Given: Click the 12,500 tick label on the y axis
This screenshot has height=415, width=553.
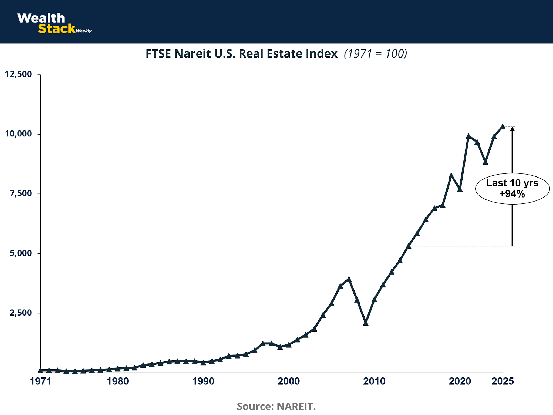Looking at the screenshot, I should tap(18, 74).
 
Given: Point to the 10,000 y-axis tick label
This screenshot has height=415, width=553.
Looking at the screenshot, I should tap(18, 134).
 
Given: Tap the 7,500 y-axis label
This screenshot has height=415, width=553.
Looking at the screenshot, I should tap(21, 193).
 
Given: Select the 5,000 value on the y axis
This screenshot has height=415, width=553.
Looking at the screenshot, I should tap(21, 253).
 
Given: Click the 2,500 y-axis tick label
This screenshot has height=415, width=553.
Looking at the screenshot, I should tap(21, 313).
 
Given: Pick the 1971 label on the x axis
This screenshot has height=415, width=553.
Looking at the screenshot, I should tap(41, 381).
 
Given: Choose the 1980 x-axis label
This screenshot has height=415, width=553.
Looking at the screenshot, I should tap(118, 381).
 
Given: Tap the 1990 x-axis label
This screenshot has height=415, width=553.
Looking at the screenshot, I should tap(203, 381).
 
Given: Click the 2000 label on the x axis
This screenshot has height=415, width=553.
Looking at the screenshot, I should tap(289, 381).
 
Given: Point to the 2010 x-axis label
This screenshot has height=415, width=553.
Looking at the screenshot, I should tap(374, 381).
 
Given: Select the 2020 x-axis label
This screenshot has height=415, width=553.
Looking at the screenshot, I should tap(460, 381).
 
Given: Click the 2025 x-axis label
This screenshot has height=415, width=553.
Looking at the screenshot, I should tap(503, 381).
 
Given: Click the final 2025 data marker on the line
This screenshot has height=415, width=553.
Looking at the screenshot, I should tap(503, 126).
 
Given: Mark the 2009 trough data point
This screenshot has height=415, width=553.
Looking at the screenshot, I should tap(366, 323).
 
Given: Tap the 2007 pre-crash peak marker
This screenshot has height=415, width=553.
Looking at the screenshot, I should tap(349, 279).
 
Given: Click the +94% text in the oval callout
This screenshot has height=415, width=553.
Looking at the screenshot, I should tap(512, 194).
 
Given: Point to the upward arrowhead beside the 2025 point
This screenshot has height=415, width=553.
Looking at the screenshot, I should tap(512, 129).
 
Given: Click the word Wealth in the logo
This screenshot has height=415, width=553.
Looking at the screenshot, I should tap(41, 18).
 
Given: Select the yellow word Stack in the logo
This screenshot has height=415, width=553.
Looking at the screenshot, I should tap(57, 29).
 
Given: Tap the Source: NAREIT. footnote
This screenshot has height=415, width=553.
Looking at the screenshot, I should tap(276, 406).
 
